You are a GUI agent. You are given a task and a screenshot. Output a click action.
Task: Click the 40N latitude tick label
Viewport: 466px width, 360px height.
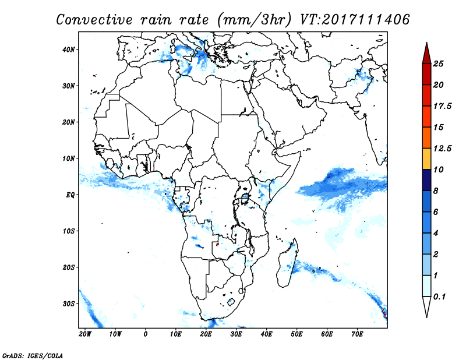pyautogui.click(x=68, y=50)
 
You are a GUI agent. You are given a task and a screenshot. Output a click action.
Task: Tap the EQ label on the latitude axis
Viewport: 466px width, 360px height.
pyautogui.click(x=70, y=195)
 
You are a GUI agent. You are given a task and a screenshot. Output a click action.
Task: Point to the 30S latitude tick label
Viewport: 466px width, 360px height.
pyautogui.click(x=68, y=304)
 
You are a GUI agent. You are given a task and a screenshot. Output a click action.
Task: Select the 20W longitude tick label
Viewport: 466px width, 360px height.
pyautogui.click(x=85, y=334)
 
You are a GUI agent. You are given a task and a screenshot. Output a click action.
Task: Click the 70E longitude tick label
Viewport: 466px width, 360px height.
pyautogui.click(x=357, y=334)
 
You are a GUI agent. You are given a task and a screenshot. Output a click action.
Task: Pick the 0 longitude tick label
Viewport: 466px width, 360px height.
pyautogui.click(x=145, y=334)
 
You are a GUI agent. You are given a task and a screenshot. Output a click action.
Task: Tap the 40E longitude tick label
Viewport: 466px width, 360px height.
pyautogui.click(x=267, y=334)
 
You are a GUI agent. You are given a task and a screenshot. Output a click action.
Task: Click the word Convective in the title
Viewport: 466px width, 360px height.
pyautogui.click(x=94, y=20)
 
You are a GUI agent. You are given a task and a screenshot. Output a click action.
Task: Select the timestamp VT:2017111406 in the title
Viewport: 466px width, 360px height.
pyautogui.click(x=355, y=20)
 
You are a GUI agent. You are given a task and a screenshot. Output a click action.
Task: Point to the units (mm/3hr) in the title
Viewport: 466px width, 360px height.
pyautogui.click(x=254, y=20)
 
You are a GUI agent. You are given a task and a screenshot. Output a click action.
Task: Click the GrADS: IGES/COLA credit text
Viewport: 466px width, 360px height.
pyautogui.click(x=33, y=355)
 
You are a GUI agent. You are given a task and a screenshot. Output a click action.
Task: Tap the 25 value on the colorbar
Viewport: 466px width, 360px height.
pyautogui.click(x=438, y=63)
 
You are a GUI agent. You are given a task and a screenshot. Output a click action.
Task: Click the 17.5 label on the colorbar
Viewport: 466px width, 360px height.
pyautogui.click(x=442, y=106)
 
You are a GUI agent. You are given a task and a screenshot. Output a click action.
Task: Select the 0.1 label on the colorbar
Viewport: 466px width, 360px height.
pyautogui.click(x=440, y=297)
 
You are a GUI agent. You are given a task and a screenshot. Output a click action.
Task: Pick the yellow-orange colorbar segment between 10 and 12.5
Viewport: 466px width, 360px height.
pyautogui.click(x=426, y=159)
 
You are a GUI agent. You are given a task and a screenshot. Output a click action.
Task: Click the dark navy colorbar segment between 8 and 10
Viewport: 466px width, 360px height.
pyautogui.click(x=426, y=180)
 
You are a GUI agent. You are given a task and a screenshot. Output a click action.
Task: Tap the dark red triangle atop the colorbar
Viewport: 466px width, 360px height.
pyautogui.click(x=426, y=54)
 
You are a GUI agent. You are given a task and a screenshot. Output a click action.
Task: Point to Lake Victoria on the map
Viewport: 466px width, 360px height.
pyautogui.click(x=245, y=198)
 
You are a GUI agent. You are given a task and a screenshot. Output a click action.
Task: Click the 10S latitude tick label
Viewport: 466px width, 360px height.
pyautogui.click(x=68, y=231)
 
